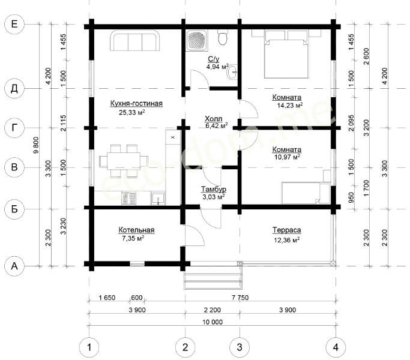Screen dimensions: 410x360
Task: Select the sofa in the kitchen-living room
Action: tap(135, 41)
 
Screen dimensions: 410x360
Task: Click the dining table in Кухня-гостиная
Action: tap(124, 161)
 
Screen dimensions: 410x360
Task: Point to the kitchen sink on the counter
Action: tap(158, 199)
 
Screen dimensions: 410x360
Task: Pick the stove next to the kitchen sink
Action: tap(128, 199)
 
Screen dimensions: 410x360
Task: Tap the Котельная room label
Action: tap(136, 230)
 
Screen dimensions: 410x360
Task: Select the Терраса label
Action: tap(286, 230)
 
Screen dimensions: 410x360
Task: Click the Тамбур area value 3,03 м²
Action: tap(214, 197)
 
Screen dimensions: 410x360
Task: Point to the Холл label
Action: tap(214, 119)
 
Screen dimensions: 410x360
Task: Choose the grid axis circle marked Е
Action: tap(14, 25)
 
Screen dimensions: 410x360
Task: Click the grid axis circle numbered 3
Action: tap(240, 347)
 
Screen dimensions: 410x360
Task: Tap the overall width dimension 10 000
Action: tap(213, 322)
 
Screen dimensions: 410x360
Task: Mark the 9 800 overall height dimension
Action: tap(36, 145)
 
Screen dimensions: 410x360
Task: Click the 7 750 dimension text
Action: tap(240, 298)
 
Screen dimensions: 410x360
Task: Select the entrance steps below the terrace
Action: tap(213, 280)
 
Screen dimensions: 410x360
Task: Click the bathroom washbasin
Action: tap(232, 71)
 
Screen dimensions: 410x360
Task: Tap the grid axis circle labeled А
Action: tap(14, 266)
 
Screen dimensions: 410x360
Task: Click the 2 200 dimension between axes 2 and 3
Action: tap(212, 310)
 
